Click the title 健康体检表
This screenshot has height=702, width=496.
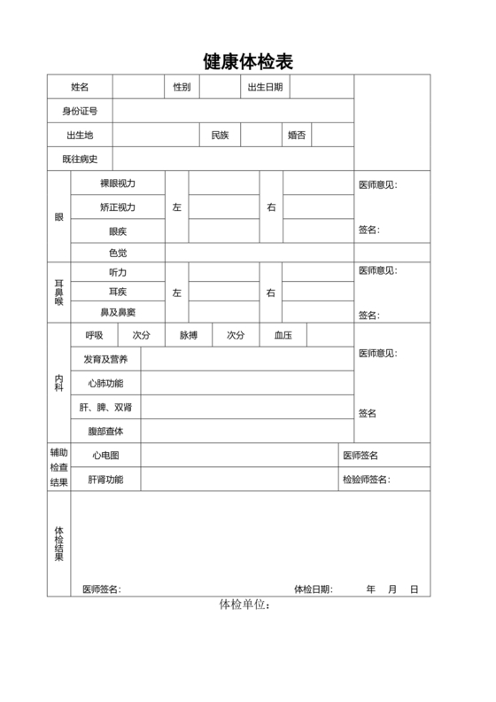click(248, 61)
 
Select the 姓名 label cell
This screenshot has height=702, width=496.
click(80, 87)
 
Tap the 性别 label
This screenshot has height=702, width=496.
click(182, 87)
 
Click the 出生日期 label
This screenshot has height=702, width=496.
click(265, 87)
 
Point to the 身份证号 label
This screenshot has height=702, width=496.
click(80, 111)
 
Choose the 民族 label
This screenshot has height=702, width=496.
click(220, 135)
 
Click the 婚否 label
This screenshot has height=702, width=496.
click(297, 135)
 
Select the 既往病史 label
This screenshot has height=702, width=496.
click(80, 160)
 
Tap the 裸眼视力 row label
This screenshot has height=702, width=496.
click(118, 183)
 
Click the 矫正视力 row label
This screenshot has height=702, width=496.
click(118, 207)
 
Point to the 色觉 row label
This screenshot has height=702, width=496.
click(118, 253)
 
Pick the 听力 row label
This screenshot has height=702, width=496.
click(118, 272)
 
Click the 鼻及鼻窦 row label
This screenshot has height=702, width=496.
click(118, 313)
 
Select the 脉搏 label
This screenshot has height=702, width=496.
click(189, 336)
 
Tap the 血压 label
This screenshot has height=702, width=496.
click(283, 336)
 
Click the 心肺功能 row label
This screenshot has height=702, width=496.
click(106, 383)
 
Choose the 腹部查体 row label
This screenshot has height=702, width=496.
click(106, 432)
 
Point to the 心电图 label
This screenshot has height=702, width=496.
click(106, 456)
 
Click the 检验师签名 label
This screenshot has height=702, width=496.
click(366, 480)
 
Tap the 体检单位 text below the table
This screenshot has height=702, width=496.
click(244, 605)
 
